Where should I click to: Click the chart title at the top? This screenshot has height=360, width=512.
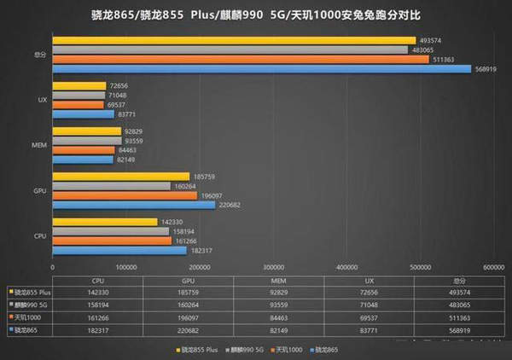point(256,15)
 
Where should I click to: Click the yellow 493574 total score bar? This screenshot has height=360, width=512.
point(234,40)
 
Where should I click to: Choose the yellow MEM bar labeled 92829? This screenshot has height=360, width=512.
point(86,131)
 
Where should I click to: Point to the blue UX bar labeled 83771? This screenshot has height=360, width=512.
point(83,113)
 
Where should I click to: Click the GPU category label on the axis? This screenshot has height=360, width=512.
point(39,190)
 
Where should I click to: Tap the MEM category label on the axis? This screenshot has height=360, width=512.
point(38,145)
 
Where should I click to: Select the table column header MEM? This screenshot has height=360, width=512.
point(273,279)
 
